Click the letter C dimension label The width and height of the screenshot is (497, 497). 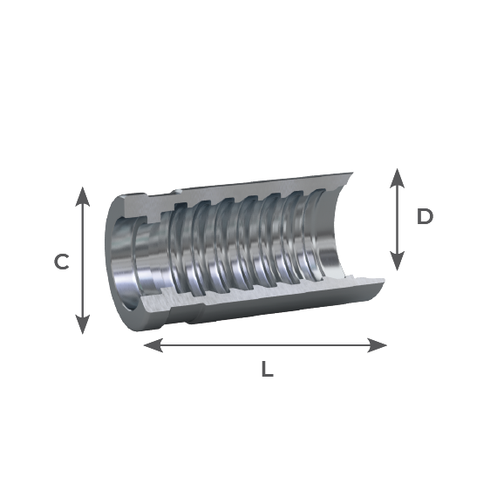pos(62,262)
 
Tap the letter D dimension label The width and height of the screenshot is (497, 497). pos(425,217)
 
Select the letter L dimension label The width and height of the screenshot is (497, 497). pos(267,369)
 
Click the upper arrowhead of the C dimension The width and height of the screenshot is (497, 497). pos(83,196)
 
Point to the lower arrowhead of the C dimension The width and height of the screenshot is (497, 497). pos(83,324)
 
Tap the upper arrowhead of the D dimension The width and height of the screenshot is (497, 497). pos(397,178)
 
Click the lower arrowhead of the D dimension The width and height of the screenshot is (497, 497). pos(397,262)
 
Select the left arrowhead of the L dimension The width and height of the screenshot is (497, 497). pos(153,345)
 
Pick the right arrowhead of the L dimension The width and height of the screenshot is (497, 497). pos(377,345)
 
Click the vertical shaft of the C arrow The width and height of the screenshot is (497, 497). pos(83,261)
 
